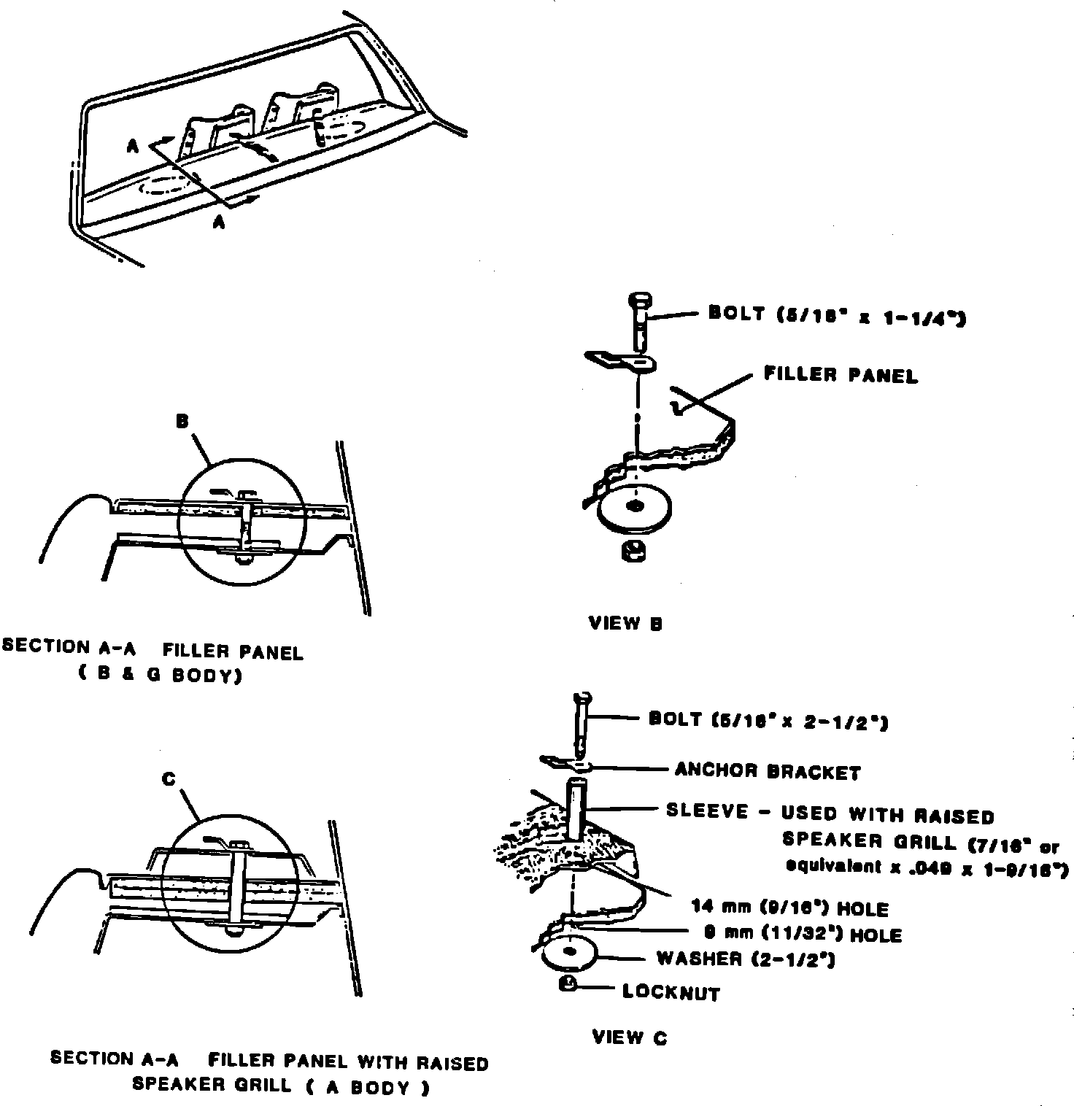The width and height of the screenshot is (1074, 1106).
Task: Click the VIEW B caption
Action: pyautogui.click(x=625, y=624)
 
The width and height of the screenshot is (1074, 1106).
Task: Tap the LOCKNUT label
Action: pyautogui.click(x=671, y=993)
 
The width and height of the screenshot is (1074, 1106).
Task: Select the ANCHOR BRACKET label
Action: pyautogui.click(x=768, y=771)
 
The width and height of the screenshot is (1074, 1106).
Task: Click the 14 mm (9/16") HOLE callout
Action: pyautogui.click(x=790, y=909)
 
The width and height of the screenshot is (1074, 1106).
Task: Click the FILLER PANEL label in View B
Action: pyautogui.click(x=841, y=375)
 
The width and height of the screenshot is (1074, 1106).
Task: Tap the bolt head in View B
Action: pyautogui.click(x=638, y=300)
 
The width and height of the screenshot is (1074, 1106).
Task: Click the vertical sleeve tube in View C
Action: pyautogui.click(x=576, y=810)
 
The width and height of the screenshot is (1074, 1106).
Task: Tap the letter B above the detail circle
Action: pyautogui.click(x=182, y=421)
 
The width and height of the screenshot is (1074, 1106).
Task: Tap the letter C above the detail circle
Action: pyautogui.click(x=169, y=779)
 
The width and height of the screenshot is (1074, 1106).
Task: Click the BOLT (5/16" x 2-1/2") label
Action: pyautogui.click(x=768, y=721)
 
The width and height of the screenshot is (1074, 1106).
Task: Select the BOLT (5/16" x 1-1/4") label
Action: pyautogui.click(x=837, y=315)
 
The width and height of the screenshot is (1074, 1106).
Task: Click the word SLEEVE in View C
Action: pyautogui.click(x=707, y=811)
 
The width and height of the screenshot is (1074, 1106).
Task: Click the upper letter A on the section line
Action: pyautogui.click(x=133, y=147)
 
